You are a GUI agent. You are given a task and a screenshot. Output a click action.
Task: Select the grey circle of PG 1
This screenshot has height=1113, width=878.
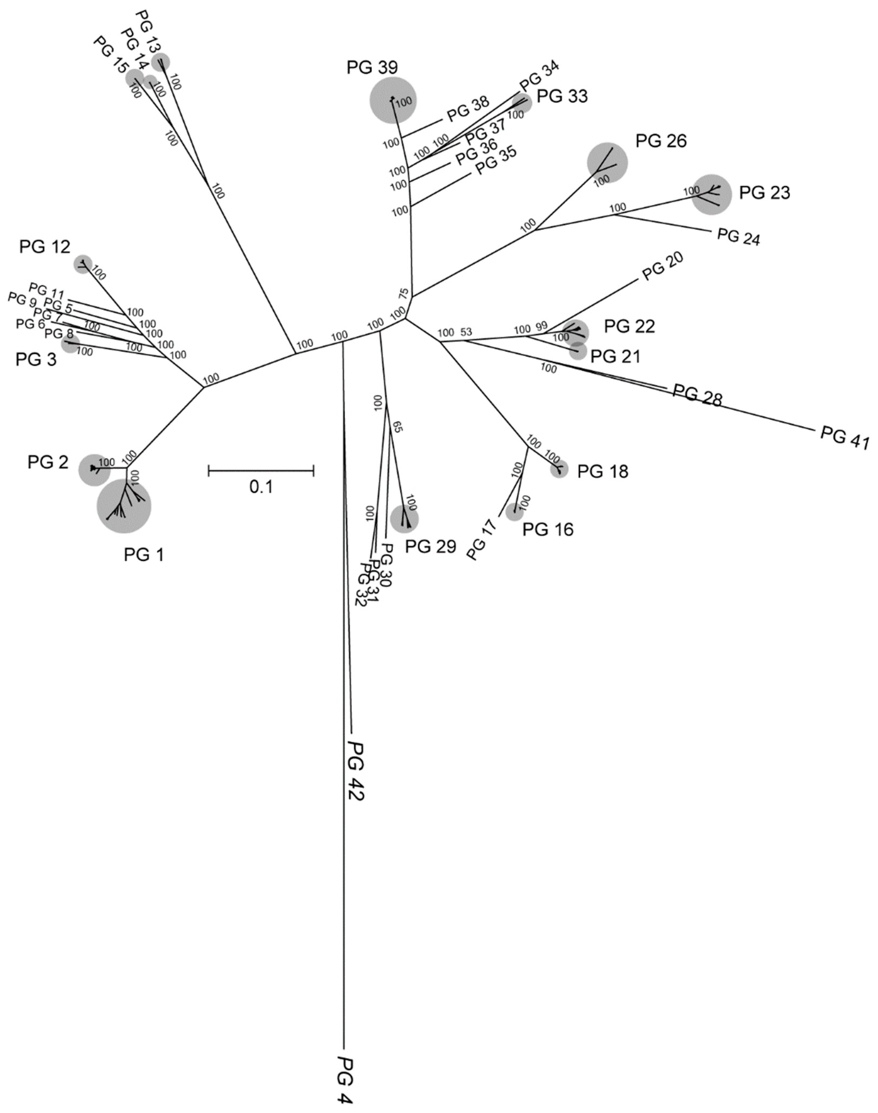tap(124, 506)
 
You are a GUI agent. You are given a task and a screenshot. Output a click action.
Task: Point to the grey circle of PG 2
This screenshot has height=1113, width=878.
tap(94, 469)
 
